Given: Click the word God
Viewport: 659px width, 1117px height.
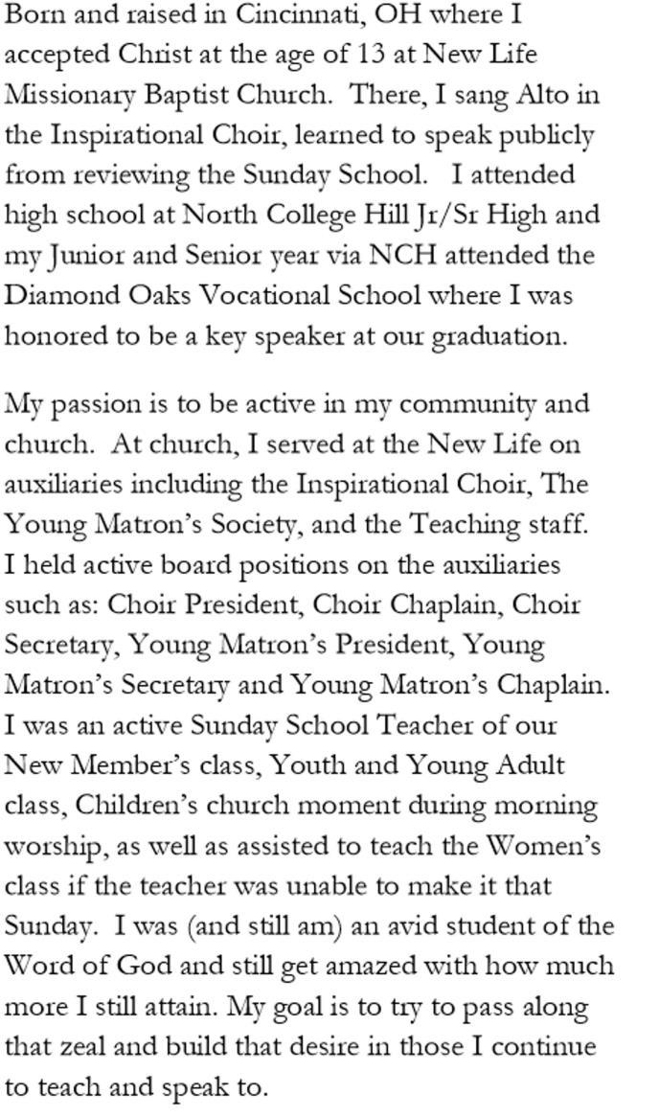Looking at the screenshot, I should [x=161, y=967].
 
